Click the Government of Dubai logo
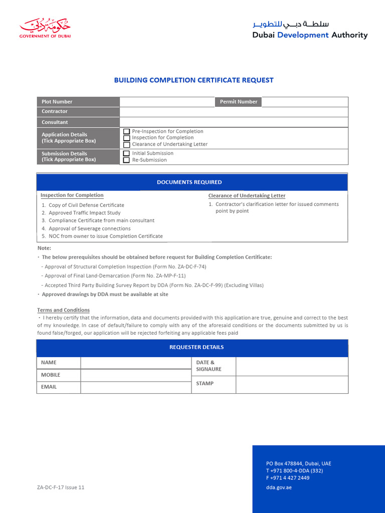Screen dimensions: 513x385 (x=45, y=29)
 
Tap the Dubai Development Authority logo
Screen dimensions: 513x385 (x=309, y=30)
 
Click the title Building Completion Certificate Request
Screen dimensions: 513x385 (x=194, y=80)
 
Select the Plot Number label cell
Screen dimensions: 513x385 (x=78, y=102)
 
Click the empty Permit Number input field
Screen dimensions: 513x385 (x=304, y=102)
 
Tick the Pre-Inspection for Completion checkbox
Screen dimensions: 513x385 (x=127, y=131)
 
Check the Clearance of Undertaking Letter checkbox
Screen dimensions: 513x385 (x=127, y=144)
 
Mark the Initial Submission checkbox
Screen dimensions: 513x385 (x=127, y=153)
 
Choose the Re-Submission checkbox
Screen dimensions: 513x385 (x=127, y=160)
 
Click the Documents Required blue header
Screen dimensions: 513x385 (x=192, y=182)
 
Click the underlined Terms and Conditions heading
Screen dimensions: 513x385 (x=64, y=310)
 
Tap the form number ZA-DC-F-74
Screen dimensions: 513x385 (x=184, y=267)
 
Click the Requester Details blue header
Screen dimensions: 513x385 (x=192, y=348)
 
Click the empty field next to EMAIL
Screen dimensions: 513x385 (x=135, y=387)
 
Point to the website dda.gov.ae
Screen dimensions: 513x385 (x=279, y=487)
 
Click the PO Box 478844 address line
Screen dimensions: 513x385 (x=298, y=463)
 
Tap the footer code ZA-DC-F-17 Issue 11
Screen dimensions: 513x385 (x=61, y=487)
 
